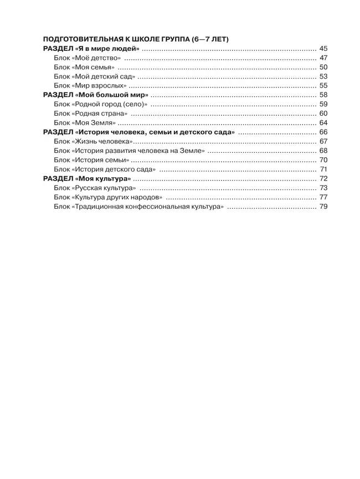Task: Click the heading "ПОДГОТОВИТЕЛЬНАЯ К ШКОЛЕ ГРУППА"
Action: pos(136,40)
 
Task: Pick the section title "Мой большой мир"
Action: pos(95,95)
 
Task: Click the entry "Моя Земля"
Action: pos(85,122)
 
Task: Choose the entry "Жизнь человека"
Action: pos(94,141)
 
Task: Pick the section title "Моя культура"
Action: pos(87,178)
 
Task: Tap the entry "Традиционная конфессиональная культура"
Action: pos(139,206)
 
